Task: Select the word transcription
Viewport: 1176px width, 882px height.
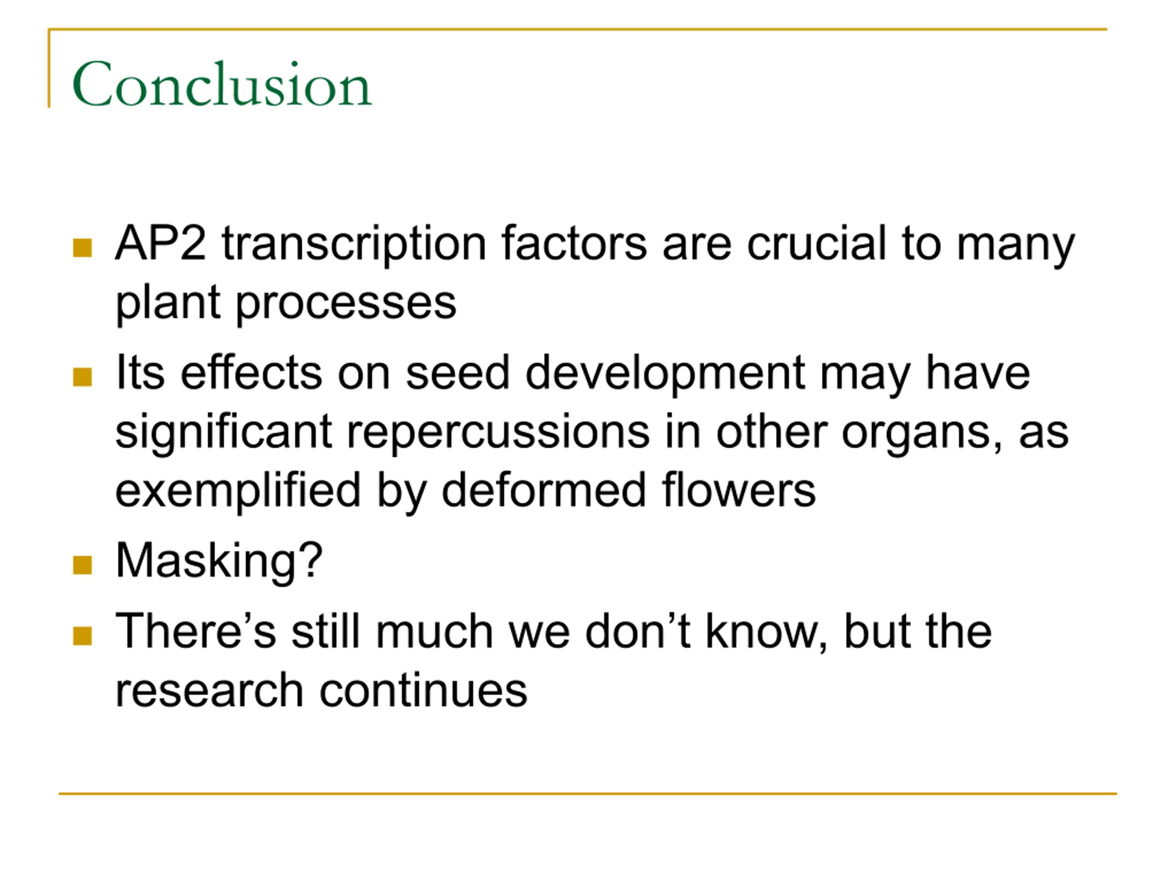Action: tap(354, 246)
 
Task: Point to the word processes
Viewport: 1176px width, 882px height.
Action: tap(345, 305)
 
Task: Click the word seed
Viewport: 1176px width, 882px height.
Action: tap(458, 372)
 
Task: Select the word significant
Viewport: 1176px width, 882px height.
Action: tap(224, 434)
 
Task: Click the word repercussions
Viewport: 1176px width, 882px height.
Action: tap(498, 434)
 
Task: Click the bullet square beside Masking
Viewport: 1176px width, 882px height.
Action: tap(82, 565)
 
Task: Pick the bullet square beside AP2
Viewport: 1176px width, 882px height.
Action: tap(82, 247)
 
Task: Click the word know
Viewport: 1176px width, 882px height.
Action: tap(767, 633)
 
